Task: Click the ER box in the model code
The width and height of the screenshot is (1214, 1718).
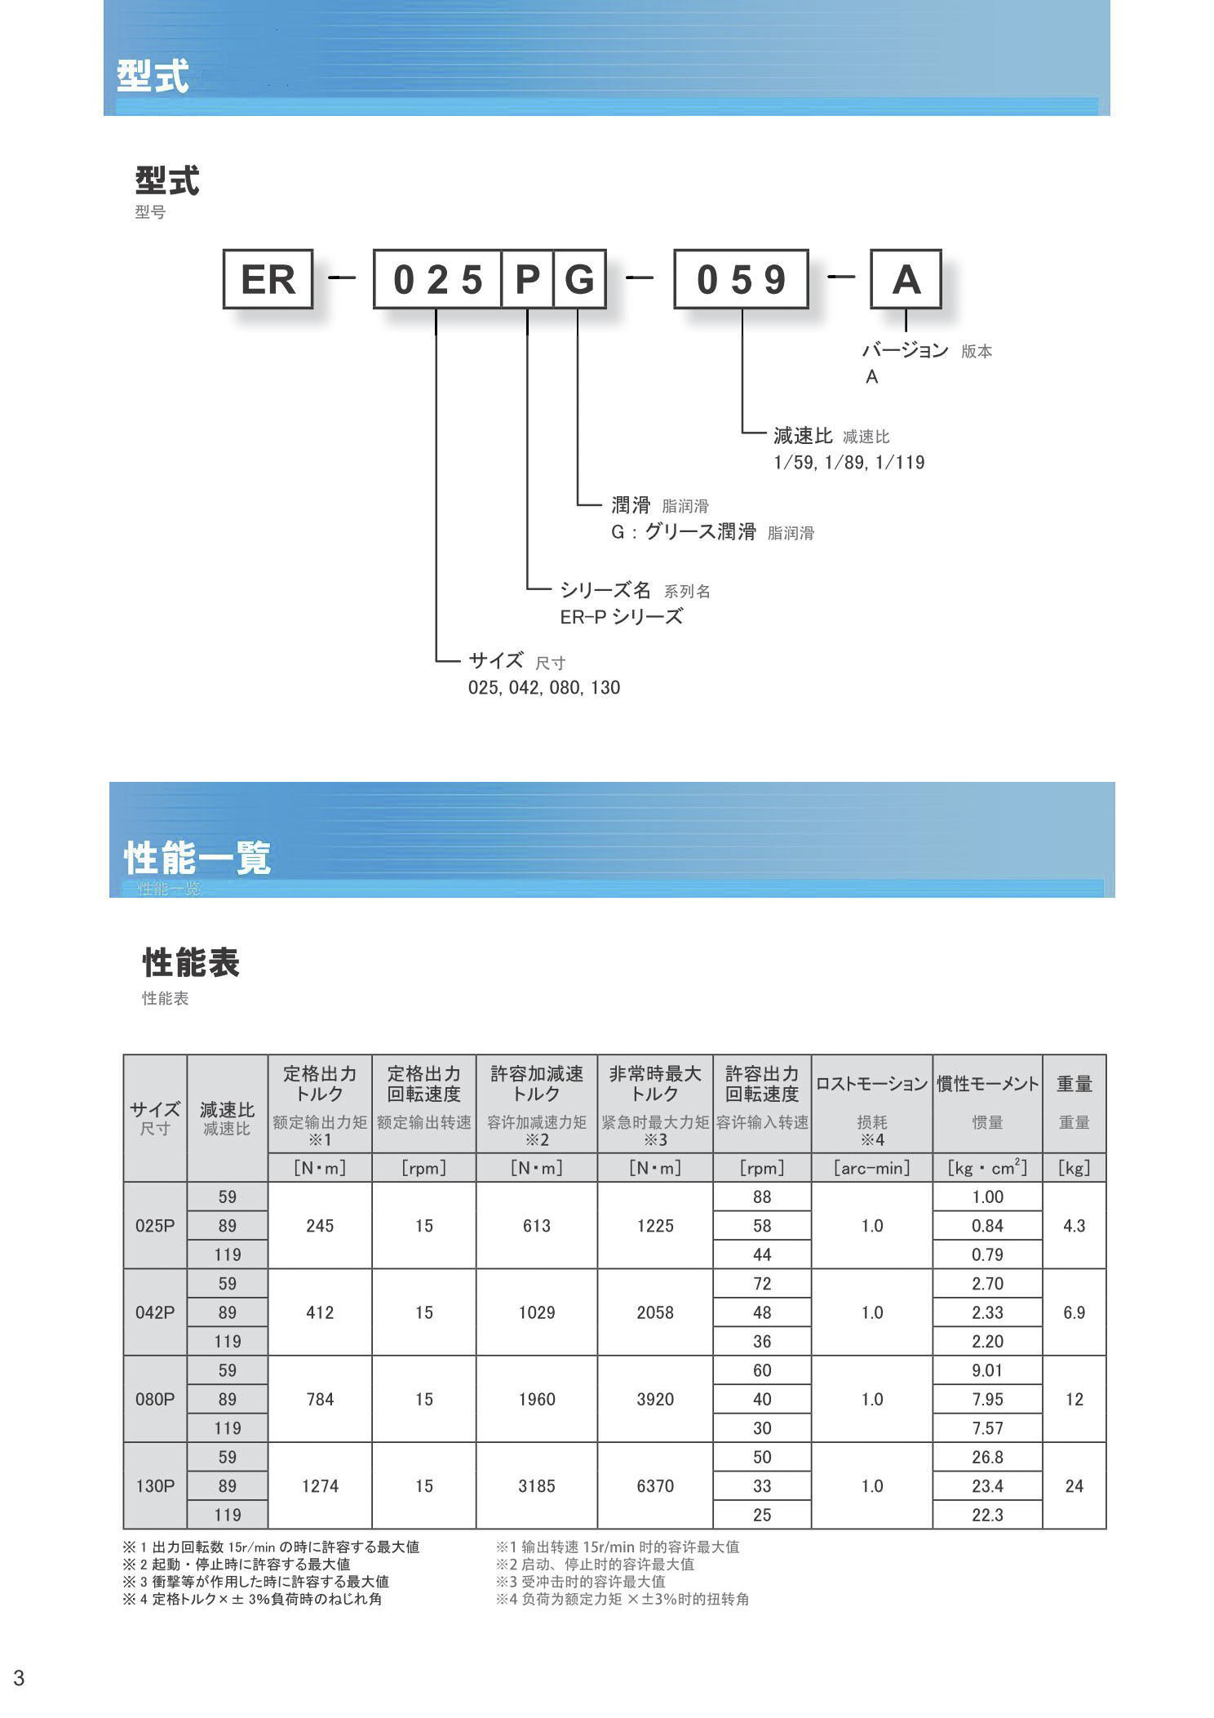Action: coord(268,279)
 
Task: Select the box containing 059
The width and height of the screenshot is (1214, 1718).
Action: coord(741,279)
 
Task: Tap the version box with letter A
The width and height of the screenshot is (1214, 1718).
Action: coord(906,279)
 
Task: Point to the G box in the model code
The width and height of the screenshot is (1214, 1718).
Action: coord(579,279)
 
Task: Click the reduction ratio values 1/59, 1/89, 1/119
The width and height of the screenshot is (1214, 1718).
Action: coord(848,463)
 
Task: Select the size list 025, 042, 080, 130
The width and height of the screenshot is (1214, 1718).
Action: coord(543,687)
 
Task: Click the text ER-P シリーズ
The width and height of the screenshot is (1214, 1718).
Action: coord(621,617)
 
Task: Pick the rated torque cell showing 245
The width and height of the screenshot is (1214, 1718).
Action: coord(320,1225)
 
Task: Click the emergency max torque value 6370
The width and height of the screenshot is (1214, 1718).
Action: coord(654,1485)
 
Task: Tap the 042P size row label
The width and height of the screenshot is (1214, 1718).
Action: coord(155,1312)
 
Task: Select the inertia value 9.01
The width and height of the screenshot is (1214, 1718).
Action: coord(987,1370)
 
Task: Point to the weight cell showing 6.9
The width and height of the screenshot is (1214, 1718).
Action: coord(1074,1312)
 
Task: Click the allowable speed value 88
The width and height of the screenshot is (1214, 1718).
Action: coord(762,1196)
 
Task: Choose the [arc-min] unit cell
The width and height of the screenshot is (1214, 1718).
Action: coord(871,1167)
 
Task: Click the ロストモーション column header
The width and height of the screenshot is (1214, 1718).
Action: coord(871,1084)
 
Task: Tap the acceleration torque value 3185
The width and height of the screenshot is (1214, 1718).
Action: coord(536,1485)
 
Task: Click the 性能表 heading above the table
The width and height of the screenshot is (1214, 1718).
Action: coord(191,963)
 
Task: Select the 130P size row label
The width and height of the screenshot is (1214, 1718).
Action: coord(155,1485)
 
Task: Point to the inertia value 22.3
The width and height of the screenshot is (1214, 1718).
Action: coord(987,1515)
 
